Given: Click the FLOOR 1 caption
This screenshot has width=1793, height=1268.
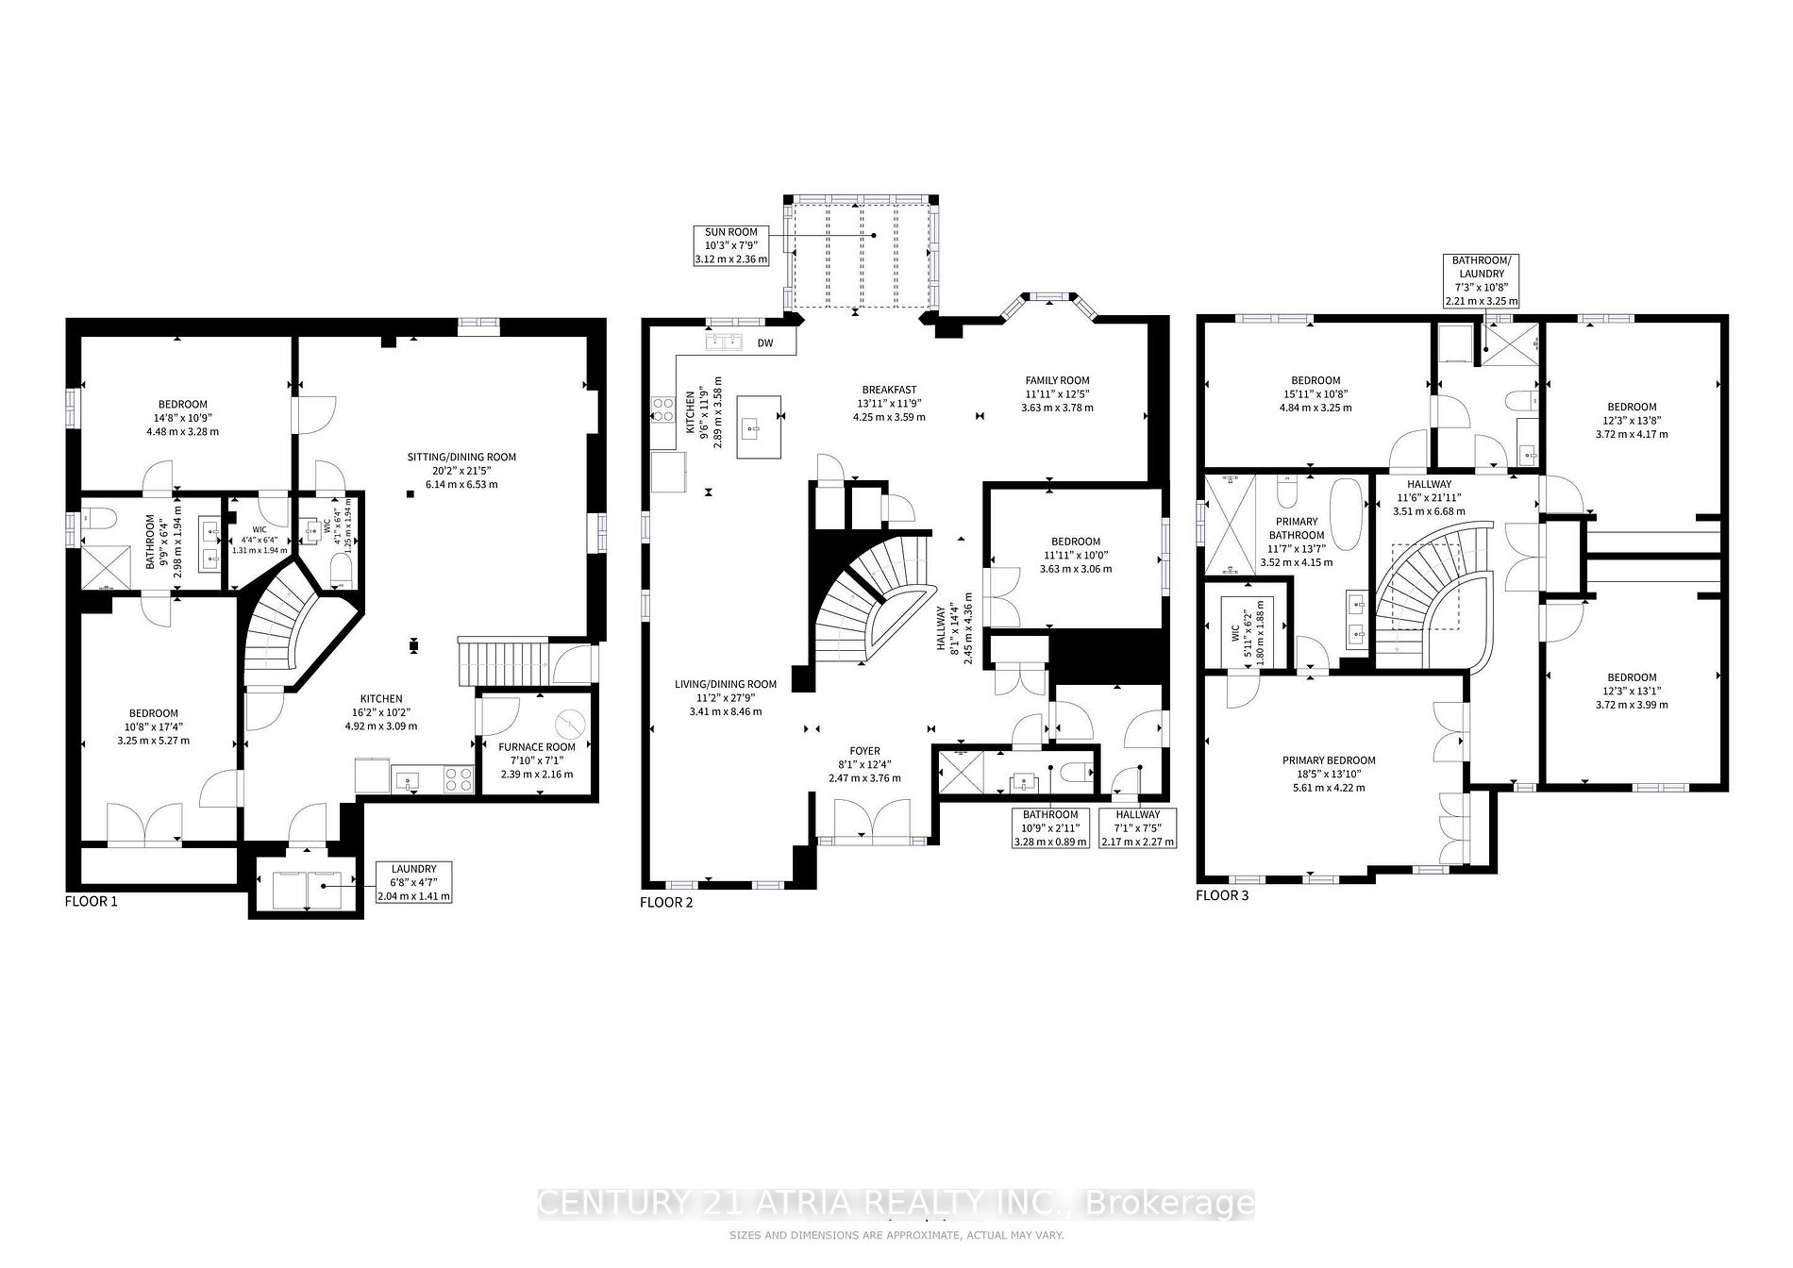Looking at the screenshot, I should [x=91, y=901].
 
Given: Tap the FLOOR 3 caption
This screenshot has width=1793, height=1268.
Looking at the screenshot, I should [x=1222, y=895].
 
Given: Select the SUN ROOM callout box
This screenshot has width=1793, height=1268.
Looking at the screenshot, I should [x=731, y=244].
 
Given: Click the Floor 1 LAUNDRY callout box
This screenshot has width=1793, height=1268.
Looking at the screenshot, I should [x=413, y=882].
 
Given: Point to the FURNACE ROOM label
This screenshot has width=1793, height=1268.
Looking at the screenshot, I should [x=536, y=760].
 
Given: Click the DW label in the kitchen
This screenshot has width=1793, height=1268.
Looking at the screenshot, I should [x=765, y=343].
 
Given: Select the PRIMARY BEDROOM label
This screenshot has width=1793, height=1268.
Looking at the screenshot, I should [x=1328, y=774].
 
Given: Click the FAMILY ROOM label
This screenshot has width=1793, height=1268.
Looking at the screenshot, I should [x=1057, y=393].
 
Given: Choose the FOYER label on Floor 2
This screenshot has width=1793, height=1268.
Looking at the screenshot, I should [x=864, y=764].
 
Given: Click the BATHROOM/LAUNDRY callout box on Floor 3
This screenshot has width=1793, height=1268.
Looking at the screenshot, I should [x=1481, y=280].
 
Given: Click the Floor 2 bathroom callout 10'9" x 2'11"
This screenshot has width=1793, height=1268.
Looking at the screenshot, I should [x=1050, y=827].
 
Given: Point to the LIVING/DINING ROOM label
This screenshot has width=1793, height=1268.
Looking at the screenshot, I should [x=725, y=697].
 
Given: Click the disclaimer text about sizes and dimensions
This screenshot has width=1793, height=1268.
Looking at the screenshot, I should [x=896, y=1235].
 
